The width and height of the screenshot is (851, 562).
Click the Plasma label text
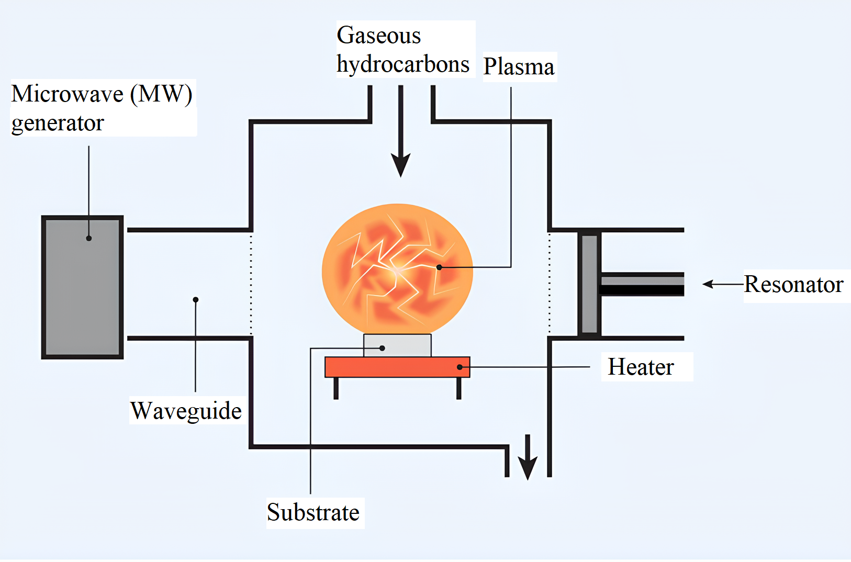click(518, 67)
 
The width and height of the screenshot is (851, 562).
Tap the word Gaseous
click(378, 36)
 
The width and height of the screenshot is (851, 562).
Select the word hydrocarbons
click(402, 64)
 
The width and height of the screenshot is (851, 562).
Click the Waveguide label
click(186, 411)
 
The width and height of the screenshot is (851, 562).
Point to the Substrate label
click(313, 512)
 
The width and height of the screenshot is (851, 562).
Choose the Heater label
click(641, 367)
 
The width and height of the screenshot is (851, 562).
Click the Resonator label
click(793, 284)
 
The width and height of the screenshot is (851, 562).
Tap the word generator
click(58, 123)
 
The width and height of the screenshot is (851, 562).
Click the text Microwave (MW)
click(102, 94)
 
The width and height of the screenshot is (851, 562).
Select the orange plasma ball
click(397, 267)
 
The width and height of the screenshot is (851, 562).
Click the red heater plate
click(397, 367)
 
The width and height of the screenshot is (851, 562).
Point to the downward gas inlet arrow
click(401, 136)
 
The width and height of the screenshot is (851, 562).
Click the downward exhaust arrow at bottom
click(528, 458)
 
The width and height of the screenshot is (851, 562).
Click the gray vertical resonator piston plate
click(589, 284)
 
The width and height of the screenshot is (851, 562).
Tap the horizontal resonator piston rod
click(642, 284)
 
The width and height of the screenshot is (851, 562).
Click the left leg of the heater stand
click(336, 388)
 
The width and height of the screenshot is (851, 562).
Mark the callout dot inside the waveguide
click(196, 300)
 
